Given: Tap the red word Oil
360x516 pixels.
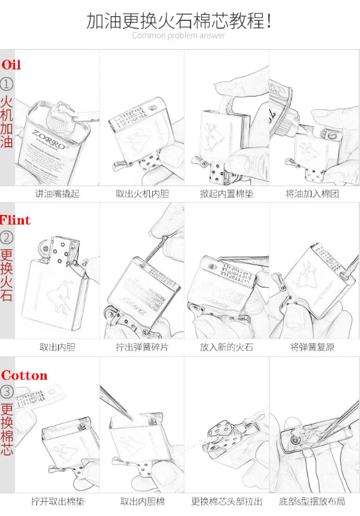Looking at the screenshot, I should click(11, 65).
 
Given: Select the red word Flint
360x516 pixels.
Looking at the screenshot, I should click(16, 220).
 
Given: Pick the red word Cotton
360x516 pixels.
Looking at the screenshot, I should click(24, 375).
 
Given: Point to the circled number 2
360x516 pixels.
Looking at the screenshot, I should click(7, 238).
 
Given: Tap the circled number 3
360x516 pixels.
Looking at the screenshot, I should click(7, 392).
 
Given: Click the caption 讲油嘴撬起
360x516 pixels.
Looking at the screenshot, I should click(57, 194).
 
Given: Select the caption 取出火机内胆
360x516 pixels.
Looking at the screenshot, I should click(142, 194).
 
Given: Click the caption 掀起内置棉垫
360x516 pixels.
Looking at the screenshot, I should click(226, 194).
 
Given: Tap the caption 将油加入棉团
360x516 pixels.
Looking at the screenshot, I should click(312, 194).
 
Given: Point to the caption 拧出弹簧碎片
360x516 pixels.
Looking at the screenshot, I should click(142, 347).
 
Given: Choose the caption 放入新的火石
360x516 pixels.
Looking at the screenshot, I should click(226, 347).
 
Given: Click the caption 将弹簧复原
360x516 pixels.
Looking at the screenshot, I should click(312, 347).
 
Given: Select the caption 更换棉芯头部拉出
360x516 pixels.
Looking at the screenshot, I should click(226, 502).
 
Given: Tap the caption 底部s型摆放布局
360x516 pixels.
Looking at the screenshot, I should click(312, 502).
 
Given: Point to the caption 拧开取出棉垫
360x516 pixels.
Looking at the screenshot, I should click(57, 502).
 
